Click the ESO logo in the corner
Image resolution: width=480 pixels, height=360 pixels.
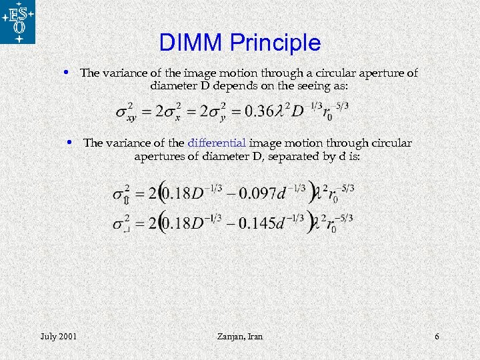tap(18, 22)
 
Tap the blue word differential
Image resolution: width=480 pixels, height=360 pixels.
tap(217, 143)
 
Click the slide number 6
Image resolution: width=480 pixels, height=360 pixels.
tap(437, 337)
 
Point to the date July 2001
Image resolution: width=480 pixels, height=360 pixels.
tap(58, 337)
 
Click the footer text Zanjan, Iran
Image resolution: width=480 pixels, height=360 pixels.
tap(240, 337)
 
